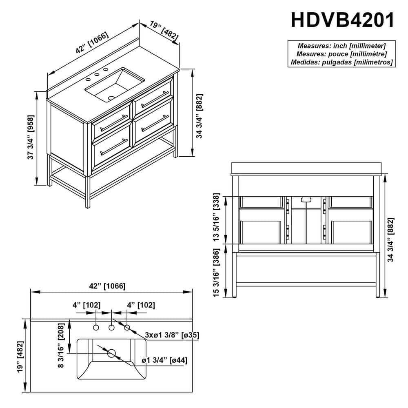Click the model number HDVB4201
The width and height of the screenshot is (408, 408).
click(x=342, y=20)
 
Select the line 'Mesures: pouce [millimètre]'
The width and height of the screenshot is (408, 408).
click(x=341, y=54)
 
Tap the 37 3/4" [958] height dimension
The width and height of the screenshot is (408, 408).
click(x=31, y=137)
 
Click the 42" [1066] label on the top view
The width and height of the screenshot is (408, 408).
click(x=107, y=286)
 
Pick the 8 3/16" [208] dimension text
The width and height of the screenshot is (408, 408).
click(x=61, y=345)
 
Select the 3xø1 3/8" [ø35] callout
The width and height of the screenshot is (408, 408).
click(x=172, y=335)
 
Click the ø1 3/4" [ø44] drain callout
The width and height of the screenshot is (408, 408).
click(x=164, y=360)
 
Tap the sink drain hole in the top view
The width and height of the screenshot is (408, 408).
click(x=112, y=353)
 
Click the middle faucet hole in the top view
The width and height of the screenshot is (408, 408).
click(x=112, y=328)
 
